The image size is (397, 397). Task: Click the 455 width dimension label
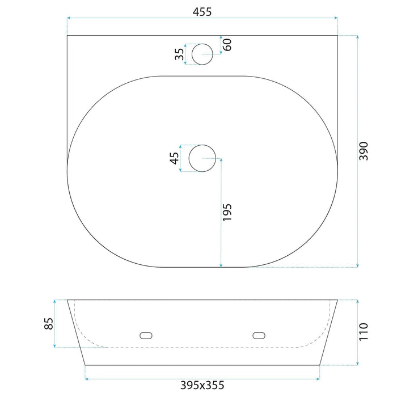point(202,12)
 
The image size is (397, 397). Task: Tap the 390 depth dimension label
point(364,151)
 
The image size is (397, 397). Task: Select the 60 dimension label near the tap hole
point(227,45)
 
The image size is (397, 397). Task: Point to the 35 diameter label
point(180,54)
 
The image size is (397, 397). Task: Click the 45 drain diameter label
point(174,158)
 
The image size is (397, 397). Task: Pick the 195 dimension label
point(227,212)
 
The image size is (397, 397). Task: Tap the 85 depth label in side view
point(49,324)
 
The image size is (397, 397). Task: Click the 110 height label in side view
point(364,332)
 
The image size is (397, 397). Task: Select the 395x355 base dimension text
point(202,385)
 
